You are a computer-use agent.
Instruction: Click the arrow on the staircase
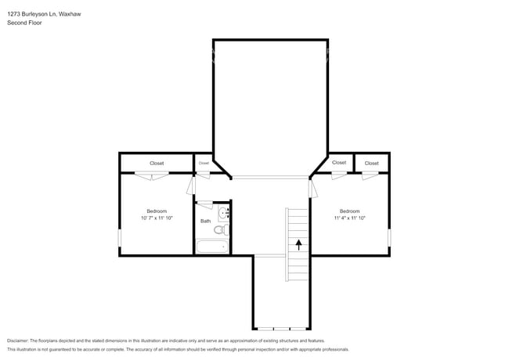point(298,243)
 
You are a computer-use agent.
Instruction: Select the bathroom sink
point(224,212)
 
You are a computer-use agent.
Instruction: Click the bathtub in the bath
point(212,247)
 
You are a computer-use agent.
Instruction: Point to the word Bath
point(205,221)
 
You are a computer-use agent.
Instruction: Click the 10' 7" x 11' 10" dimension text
point(157,218)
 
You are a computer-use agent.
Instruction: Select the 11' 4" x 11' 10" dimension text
point(349,218)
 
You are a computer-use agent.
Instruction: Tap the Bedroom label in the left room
point(157,211)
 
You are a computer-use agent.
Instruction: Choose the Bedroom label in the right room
point(349,211)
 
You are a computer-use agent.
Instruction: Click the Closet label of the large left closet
point(157,163)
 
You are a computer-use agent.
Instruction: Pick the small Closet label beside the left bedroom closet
point(204,163)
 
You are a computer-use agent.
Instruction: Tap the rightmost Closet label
point(371,163)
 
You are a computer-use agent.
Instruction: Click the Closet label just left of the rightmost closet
point(338,162)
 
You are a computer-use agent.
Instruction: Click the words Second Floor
point(24,23)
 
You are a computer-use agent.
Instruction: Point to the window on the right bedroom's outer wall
point(389,237)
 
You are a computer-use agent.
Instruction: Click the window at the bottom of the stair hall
point(282,328)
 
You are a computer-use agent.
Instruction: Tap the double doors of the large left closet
point(150,175)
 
